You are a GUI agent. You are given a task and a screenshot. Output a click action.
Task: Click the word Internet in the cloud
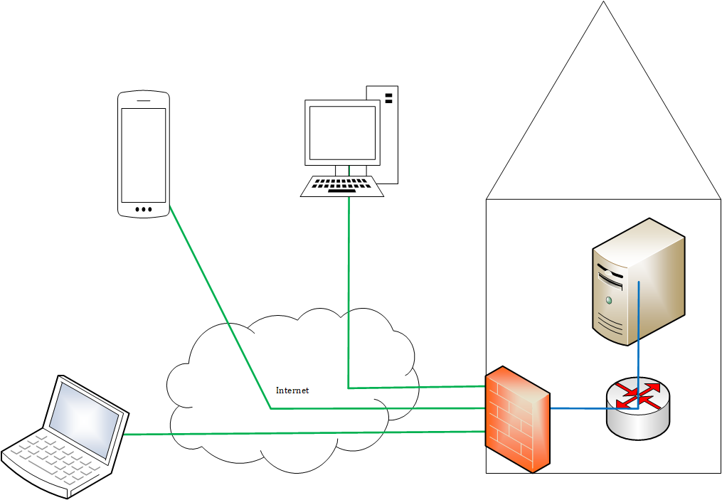(292, 390)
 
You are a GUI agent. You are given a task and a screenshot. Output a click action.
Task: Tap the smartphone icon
(144, 153)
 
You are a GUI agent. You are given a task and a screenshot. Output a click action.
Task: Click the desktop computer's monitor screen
(341, 133)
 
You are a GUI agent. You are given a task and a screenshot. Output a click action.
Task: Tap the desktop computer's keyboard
(341, 186)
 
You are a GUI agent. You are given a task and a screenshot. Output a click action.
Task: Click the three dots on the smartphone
(143, 209)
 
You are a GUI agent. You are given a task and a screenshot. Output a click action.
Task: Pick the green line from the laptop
(299, 432)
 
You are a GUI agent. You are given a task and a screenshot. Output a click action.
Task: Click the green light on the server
(608, 300)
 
